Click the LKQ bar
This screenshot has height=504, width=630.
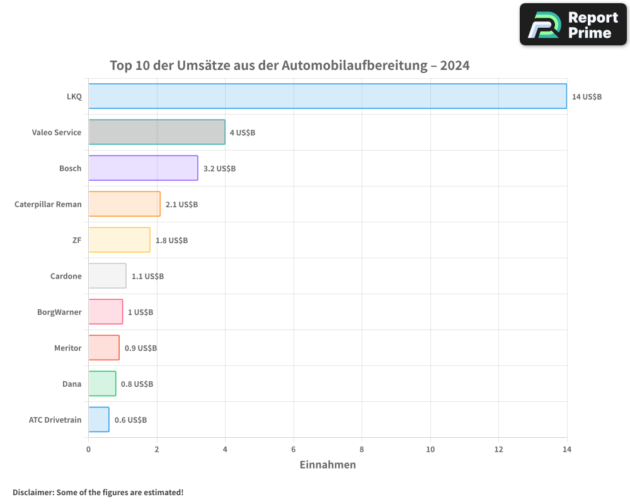[x=328, y=96]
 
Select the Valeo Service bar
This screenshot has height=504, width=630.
[x=157, y=132]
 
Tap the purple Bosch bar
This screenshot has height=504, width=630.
[x=143, y=168]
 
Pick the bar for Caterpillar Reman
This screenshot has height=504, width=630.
[x=124, y=204]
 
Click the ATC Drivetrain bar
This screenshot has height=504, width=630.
[x=99, y=420]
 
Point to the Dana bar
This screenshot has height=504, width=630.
[x=102, y=384]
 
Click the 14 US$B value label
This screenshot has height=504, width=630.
[x=587, y=97]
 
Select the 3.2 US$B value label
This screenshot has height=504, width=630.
[x=219, y=169]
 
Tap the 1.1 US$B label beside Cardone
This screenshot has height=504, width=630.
[x=147, y=277]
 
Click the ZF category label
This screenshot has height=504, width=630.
[x=77, y=240]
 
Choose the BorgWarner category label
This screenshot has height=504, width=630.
[x=59, y=312]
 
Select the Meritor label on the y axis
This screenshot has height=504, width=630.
[x=67, y=348]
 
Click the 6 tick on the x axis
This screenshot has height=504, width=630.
[x=294, y=449]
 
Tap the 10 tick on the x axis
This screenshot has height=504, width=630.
[x=430, y=449]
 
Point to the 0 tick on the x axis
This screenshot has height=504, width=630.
[x=88, y=449]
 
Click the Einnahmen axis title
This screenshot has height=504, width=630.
[x=328, y=465]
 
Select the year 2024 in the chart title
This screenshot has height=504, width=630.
[x=455, y=66]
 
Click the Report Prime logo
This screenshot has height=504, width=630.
[x=573, y=25]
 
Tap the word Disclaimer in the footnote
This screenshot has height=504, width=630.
[x=32, y=493]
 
